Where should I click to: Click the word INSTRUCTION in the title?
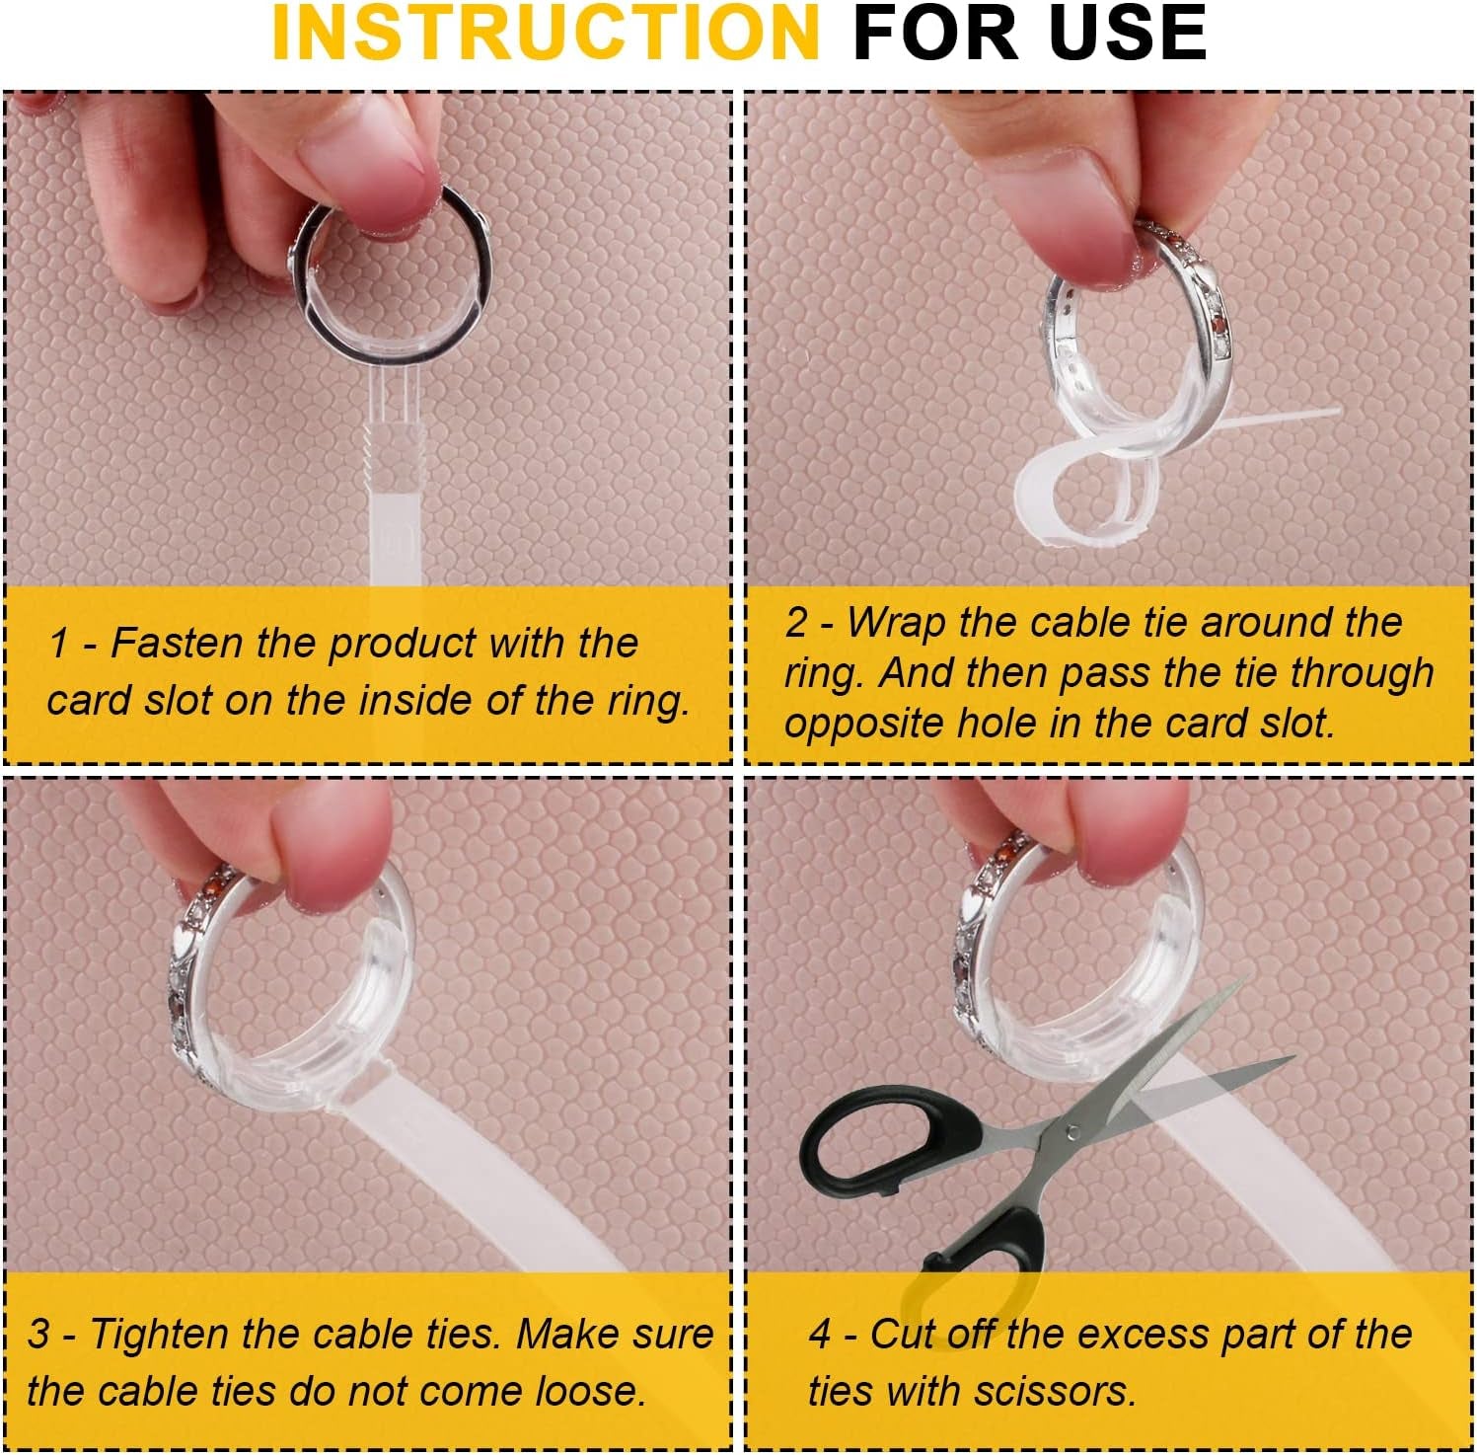546,34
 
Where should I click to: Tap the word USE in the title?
1128,34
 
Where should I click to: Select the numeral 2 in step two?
796,624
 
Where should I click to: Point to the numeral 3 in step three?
38,1335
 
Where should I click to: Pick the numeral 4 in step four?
821,1335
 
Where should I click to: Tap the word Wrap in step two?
898,624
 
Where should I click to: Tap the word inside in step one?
415,701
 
